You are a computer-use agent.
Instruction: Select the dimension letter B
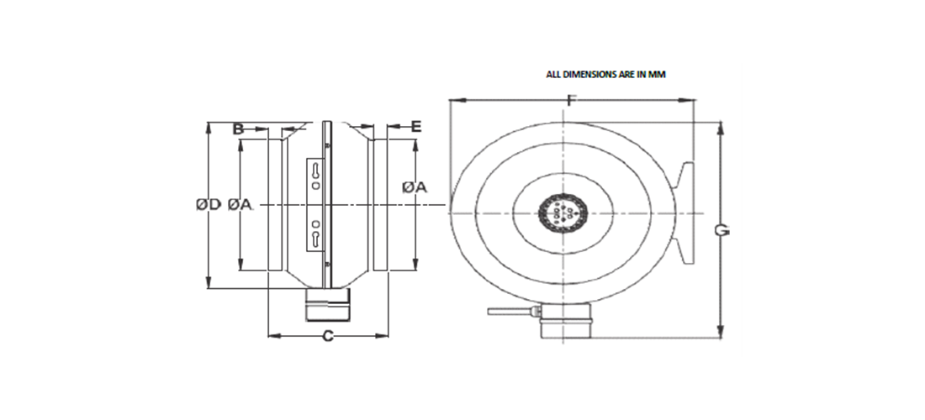pyautogui.click(x=238, y=129)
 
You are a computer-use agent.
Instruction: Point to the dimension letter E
pyautogui.click(x=416, y=127)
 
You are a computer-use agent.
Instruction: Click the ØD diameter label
pyautogui.click(x=208, y=204)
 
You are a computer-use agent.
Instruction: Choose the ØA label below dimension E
pyautogui.click(x=415, y=188)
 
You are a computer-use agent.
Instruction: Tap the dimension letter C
pyautogui.click(x=329, y=337)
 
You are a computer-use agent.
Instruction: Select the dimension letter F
pyautogui.click(x=571, y=102)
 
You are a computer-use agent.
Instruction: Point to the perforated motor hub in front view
pyautogui.click(x=562, y=213)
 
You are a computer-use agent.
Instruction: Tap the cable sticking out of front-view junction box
pyautogui.click(x=509, y=312)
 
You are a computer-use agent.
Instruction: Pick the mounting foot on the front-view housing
pyautogui.click(x=685, y=213)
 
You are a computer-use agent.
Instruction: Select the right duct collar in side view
pyautogui.click(x=380, y=204)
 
